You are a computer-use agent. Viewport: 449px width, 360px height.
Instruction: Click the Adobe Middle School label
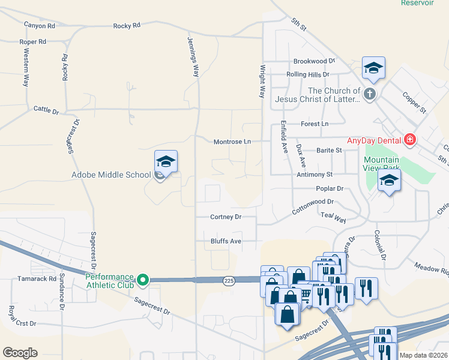(x=111, y=175)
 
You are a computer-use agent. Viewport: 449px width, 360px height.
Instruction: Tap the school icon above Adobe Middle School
(x=166, y=161)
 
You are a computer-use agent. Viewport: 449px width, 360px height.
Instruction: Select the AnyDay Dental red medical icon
(x=410, y=140)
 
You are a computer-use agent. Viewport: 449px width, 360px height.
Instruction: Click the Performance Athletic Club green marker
(x=143, y=280)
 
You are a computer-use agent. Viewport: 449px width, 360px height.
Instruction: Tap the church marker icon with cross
(x=370, y=94)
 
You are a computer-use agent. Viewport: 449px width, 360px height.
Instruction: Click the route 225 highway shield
(x=229, y=281)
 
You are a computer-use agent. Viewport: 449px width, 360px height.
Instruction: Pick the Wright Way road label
(x=262, y=82)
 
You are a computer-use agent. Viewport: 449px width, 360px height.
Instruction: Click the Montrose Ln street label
(x=231, y=142)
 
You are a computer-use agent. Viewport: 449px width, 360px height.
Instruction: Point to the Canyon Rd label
(x=40, y=25)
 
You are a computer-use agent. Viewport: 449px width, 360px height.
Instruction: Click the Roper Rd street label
(x=32, y=42)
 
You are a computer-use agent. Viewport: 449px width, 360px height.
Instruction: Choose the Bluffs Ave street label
(x=226, y=241)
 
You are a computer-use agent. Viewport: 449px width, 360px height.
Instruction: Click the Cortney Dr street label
(x=226, y=217)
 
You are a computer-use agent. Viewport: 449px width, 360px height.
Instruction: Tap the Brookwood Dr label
(x=314, y=61)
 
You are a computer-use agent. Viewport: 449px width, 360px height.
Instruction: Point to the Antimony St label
(x=314, y=175)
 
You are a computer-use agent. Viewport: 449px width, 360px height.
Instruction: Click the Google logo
(x=20, y=353)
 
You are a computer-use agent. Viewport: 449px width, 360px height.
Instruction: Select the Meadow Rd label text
(x=431, y=271)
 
